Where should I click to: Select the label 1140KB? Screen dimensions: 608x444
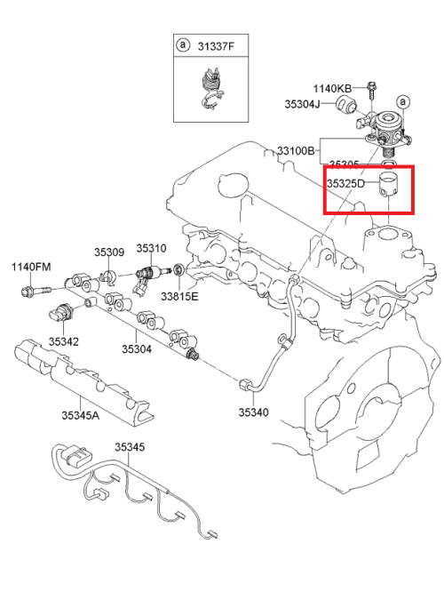[x=332, y=88]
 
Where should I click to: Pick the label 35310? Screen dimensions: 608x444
[x=151, y=249]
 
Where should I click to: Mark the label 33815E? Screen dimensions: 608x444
[x=180, y=296]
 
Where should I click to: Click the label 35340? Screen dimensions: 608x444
[x=253, y=412]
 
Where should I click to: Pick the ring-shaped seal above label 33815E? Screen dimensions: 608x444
[x=178, y=269]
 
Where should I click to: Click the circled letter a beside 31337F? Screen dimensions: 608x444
[x=183, y=44]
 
